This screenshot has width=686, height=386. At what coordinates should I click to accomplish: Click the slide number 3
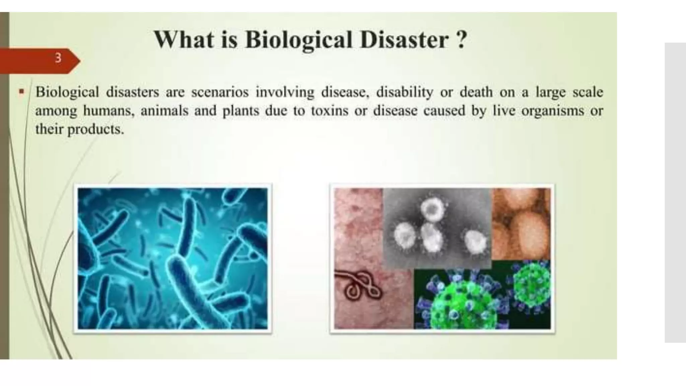[x=58, y=58]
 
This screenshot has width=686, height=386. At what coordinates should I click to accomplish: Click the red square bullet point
[x=22, y=91]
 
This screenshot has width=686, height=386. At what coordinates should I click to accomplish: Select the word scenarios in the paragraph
[x=220, y=92]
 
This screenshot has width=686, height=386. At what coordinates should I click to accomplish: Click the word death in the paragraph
[x=476, y=92]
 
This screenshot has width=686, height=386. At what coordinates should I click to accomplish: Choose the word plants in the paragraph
[x=241, y=111]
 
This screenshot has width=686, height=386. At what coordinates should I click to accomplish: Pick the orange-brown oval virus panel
[x=521, y=223]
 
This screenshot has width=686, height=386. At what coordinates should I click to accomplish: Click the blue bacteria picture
[x=173, y=258]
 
